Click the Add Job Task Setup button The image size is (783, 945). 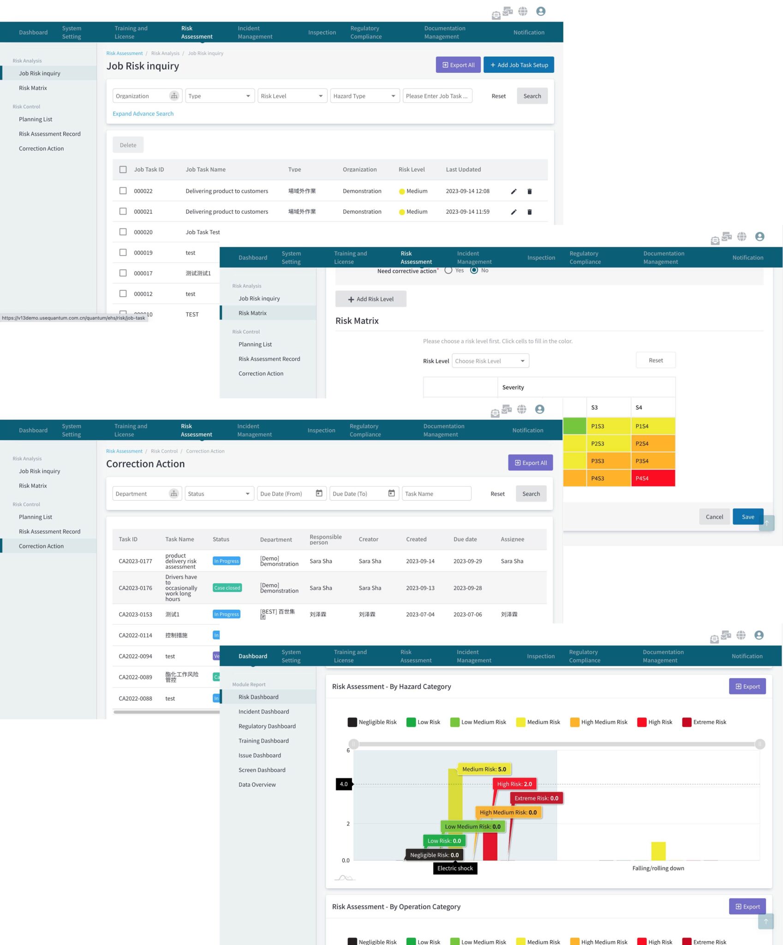click(x=519, y=65)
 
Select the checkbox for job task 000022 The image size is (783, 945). click(x=123, y=191)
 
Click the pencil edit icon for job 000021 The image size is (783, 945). click(x=514, y=212)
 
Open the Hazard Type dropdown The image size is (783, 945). click(x=365, y=96)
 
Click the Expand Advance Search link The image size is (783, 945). click(x=143, y=114)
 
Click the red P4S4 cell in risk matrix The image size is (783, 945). click(x=652, y=478)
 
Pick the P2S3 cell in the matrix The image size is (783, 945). click(x=608, y=443)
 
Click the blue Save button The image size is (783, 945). click(x=747, y=517)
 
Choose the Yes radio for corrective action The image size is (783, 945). click(x=448, y=270)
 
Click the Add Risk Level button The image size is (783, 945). click(x=371, y=299)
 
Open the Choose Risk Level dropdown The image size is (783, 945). click(x=490, y=361)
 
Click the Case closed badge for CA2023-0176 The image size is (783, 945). click(x=227, y=588)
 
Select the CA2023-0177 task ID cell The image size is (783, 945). click(x=135, y=561)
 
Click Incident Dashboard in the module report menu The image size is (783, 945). click(x=263, y=712)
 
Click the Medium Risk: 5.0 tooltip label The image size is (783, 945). click(x=484, y=769)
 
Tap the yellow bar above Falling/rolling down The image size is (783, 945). click(x=658, y=851)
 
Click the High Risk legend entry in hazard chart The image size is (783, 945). click(x=655, y=722)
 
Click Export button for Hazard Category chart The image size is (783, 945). click(x=747, y=687)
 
